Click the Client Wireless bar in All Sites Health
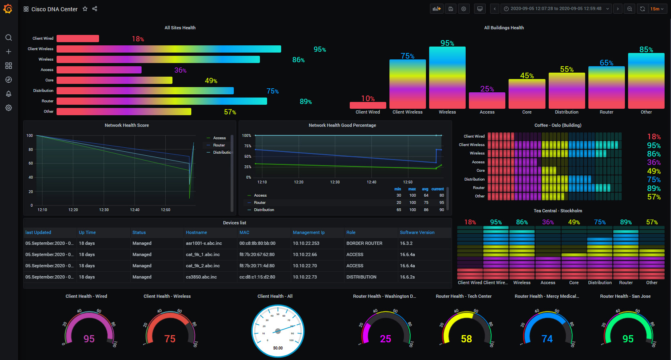pos(168,49)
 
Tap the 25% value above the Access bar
pos(487,89)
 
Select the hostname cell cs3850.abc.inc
pos(201,277)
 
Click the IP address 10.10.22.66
pos(305,254)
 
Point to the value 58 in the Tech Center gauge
pos(466,339)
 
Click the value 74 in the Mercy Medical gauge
pos(547,339)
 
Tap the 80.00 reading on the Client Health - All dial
pos(278,348)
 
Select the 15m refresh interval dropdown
pos(657,9)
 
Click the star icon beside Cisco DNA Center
pos(85,9)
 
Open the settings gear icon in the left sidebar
pos(8,108)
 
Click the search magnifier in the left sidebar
pos(8,38)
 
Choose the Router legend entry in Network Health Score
pos(219,145)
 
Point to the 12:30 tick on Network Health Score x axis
pos(104,210)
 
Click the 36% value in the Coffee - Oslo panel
pos(654,163)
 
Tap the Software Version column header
pos(417,232)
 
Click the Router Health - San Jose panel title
pos(625,296)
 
